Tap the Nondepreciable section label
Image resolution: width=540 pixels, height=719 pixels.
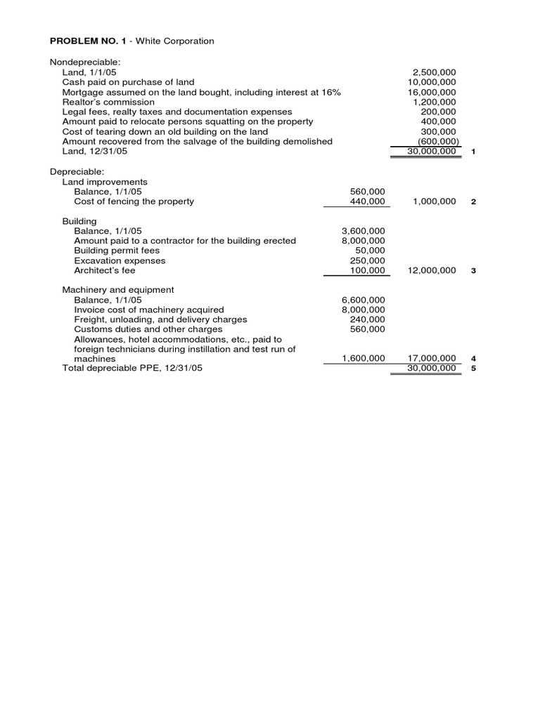[86, 62]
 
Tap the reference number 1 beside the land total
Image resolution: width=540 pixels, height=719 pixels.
[474, 152]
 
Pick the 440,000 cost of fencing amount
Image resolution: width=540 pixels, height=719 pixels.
[367, 202]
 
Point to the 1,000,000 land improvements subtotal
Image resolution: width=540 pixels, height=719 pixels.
[433, 202]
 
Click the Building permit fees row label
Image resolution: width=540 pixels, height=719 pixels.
[117, 250]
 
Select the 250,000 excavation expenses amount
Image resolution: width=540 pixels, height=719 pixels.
[367, 260]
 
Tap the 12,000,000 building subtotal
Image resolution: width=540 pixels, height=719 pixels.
[430, 270]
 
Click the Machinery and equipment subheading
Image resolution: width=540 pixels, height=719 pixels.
[118, 289]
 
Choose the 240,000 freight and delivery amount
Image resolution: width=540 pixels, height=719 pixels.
[367, 319]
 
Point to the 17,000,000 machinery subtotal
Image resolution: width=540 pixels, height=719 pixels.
[430, 358]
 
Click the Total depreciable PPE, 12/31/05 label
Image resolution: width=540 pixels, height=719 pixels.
[132, 368]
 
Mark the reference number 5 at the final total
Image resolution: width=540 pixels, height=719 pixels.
[474, 369]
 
